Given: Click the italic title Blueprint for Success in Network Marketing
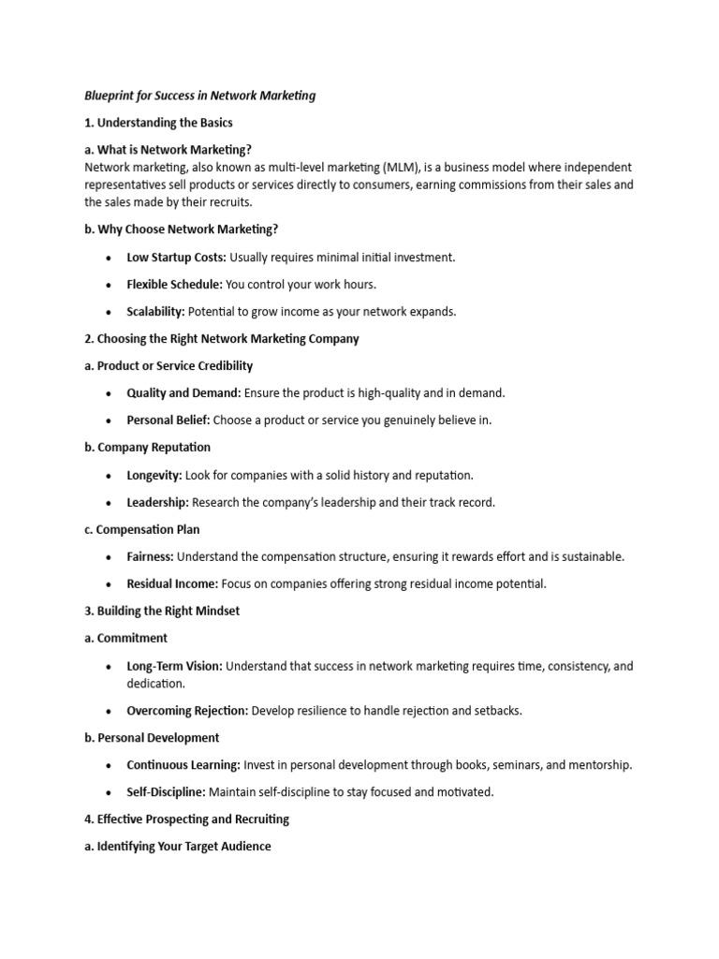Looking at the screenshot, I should coord(199,96).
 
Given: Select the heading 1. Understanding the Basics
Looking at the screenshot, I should coord(158,123).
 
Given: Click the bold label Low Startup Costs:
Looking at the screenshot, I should coord(176,258).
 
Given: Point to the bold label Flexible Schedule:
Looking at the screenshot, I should coord(174,285).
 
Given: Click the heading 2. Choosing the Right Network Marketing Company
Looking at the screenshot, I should coord(221,339).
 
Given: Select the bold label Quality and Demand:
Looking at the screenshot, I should coord(183,393).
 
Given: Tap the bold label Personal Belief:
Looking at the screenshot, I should coord(169,420).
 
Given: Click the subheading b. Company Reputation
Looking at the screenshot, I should coord(147,448).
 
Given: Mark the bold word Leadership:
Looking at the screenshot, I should coord(157,502).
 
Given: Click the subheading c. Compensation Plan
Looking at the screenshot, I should coord(141,529).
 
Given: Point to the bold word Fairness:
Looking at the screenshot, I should coord(150,556).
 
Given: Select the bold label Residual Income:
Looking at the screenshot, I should coord(172,583).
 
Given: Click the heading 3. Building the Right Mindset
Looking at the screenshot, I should coord(162,611).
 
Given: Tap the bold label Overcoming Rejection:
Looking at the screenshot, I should coord(187,711).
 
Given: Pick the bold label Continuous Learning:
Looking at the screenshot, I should coord(183,765).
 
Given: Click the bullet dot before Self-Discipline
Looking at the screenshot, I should coord(110,792).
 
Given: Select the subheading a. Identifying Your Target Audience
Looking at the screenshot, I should coord(178,847).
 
